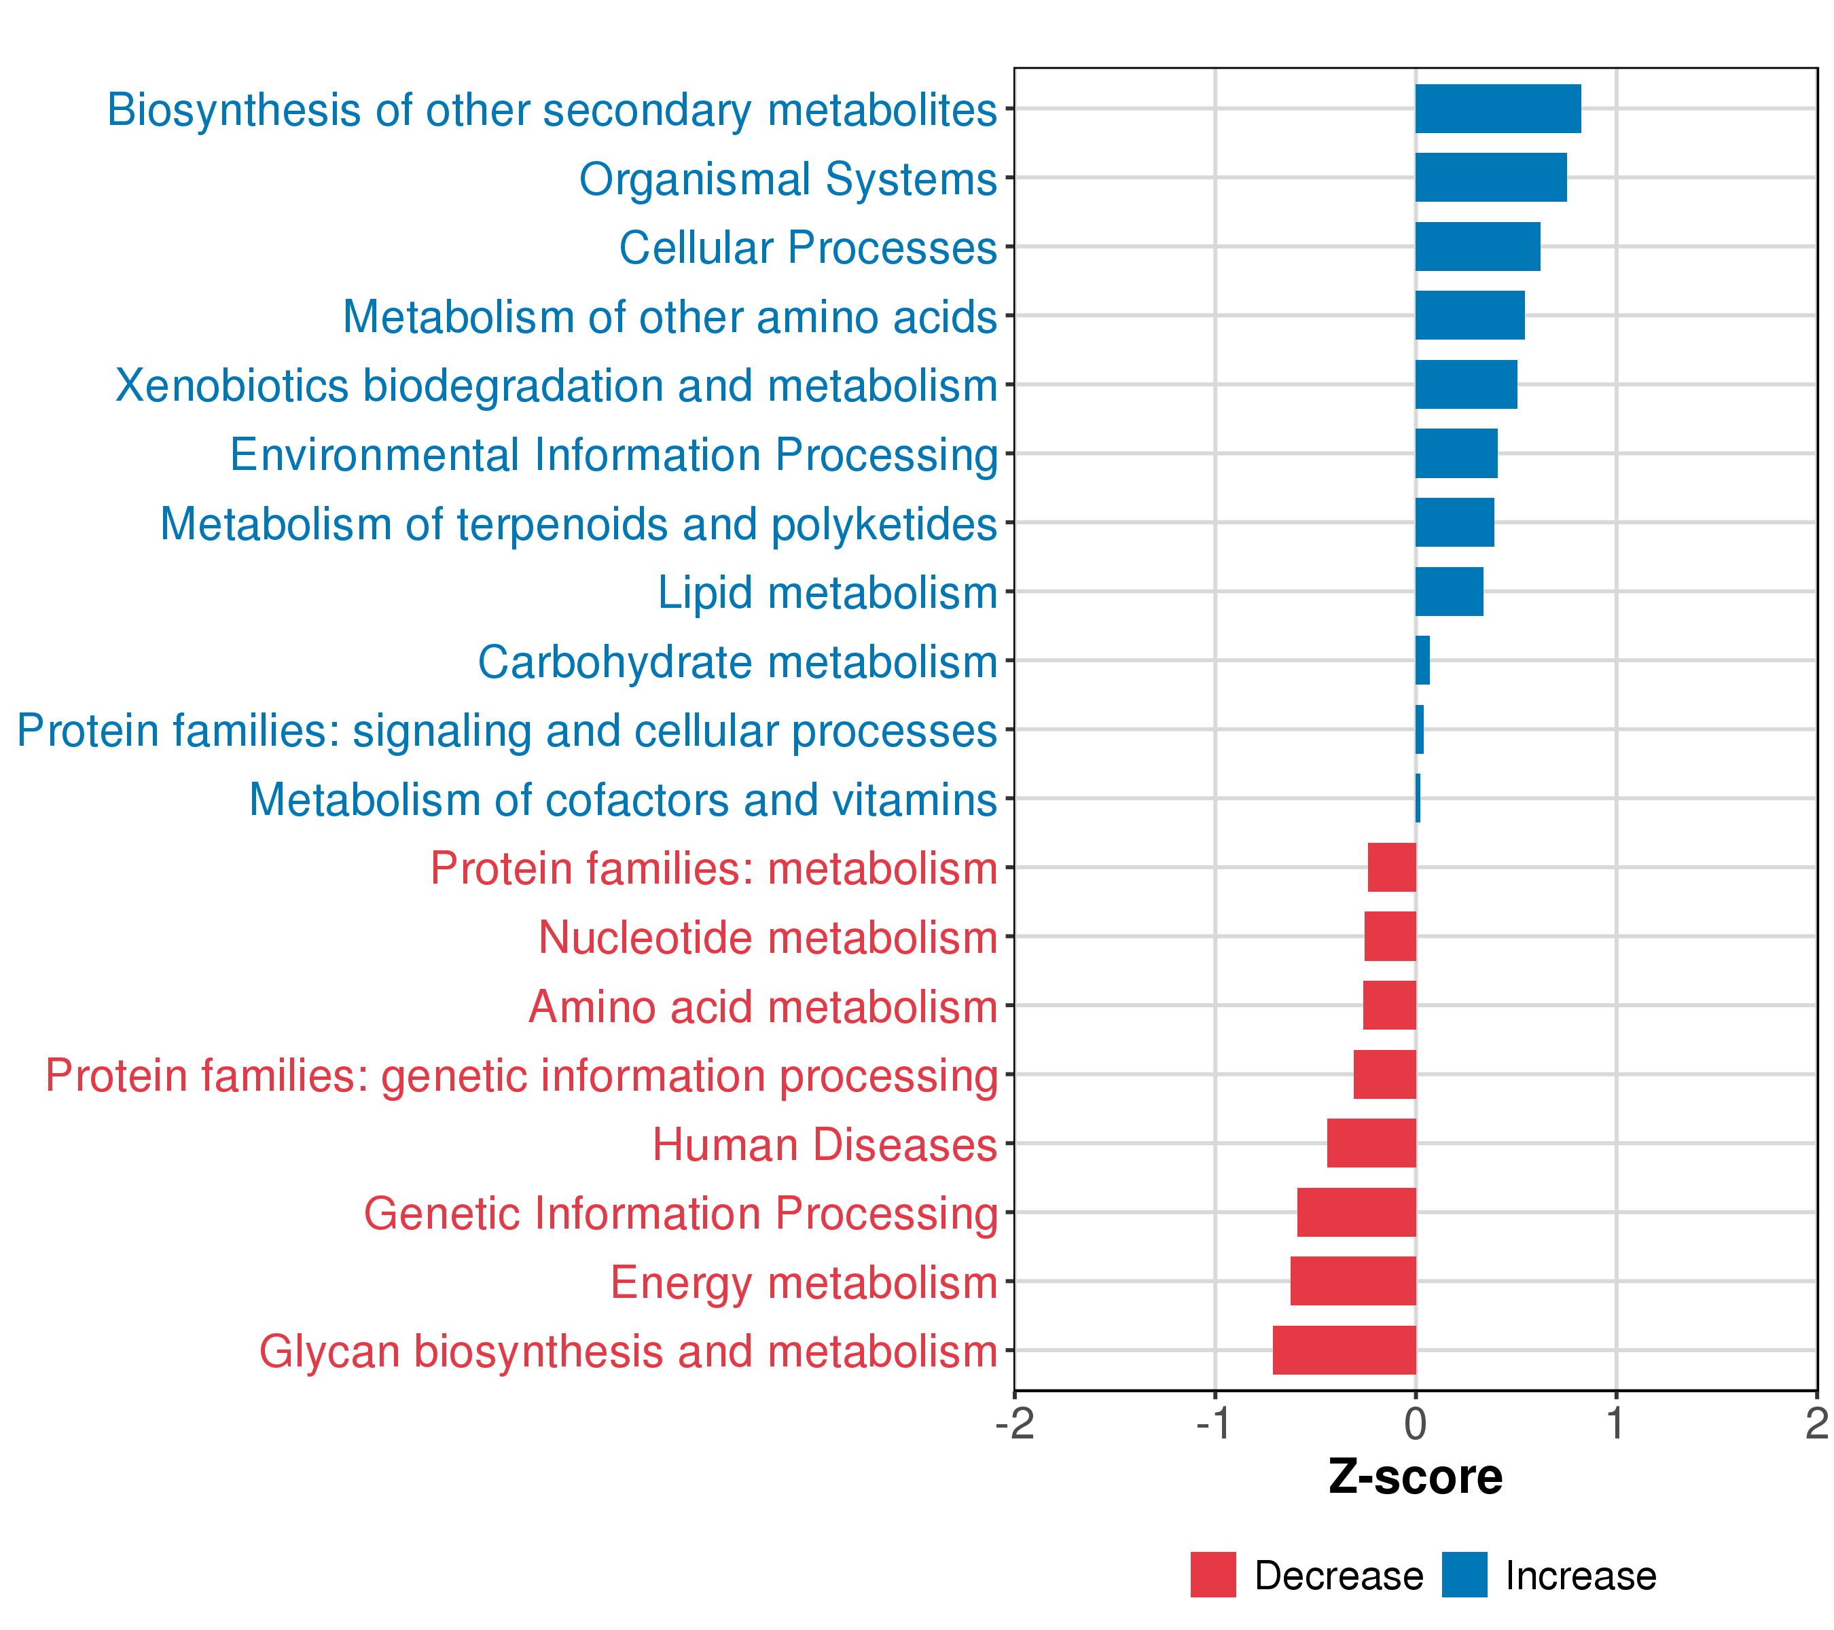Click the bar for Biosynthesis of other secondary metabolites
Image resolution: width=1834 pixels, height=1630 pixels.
pos(1498,109)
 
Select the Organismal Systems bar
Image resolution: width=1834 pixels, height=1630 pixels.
pos(1490,178)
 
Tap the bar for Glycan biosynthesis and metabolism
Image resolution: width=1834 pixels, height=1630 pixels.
pos(1344,1350)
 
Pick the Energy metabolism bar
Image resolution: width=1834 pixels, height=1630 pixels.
pos(1353,1280)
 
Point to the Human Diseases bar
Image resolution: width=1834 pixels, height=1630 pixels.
pos(1371,1143)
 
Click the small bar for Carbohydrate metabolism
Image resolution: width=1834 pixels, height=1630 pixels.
pos(1422,660)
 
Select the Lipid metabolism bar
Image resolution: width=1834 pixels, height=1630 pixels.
pos(1449,591)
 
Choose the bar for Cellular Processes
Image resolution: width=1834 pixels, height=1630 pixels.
pos(1478,247)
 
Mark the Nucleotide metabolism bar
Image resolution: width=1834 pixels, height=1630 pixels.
pos(1390,936)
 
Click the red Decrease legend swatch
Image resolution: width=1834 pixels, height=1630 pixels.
pos(1213,1574)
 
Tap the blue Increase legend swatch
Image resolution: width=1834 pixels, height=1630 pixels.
pos(1464,1574)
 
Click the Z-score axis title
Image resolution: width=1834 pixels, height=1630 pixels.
pos(1415,1477)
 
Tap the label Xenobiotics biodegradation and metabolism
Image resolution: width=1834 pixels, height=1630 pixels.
pos(556,386)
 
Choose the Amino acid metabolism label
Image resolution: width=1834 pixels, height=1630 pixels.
pos(763,1006)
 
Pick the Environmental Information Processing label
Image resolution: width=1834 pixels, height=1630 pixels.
pos(614,455)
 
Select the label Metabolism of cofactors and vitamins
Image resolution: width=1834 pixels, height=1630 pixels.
pos(623,799)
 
